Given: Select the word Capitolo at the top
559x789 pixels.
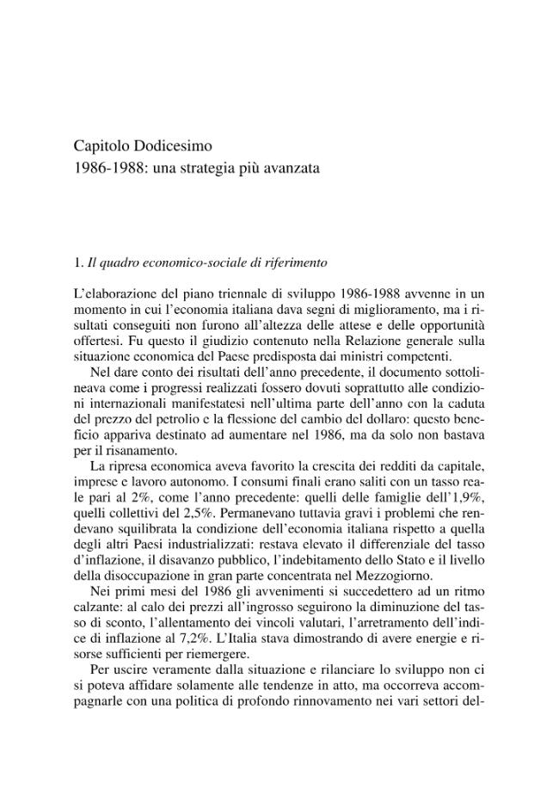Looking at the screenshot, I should (x=101, y=145).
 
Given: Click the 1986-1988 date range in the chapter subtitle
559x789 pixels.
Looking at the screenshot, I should (x=107, y=168).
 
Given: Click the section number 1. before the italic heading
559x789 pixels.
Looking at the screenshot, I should (x=79, y=262).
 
